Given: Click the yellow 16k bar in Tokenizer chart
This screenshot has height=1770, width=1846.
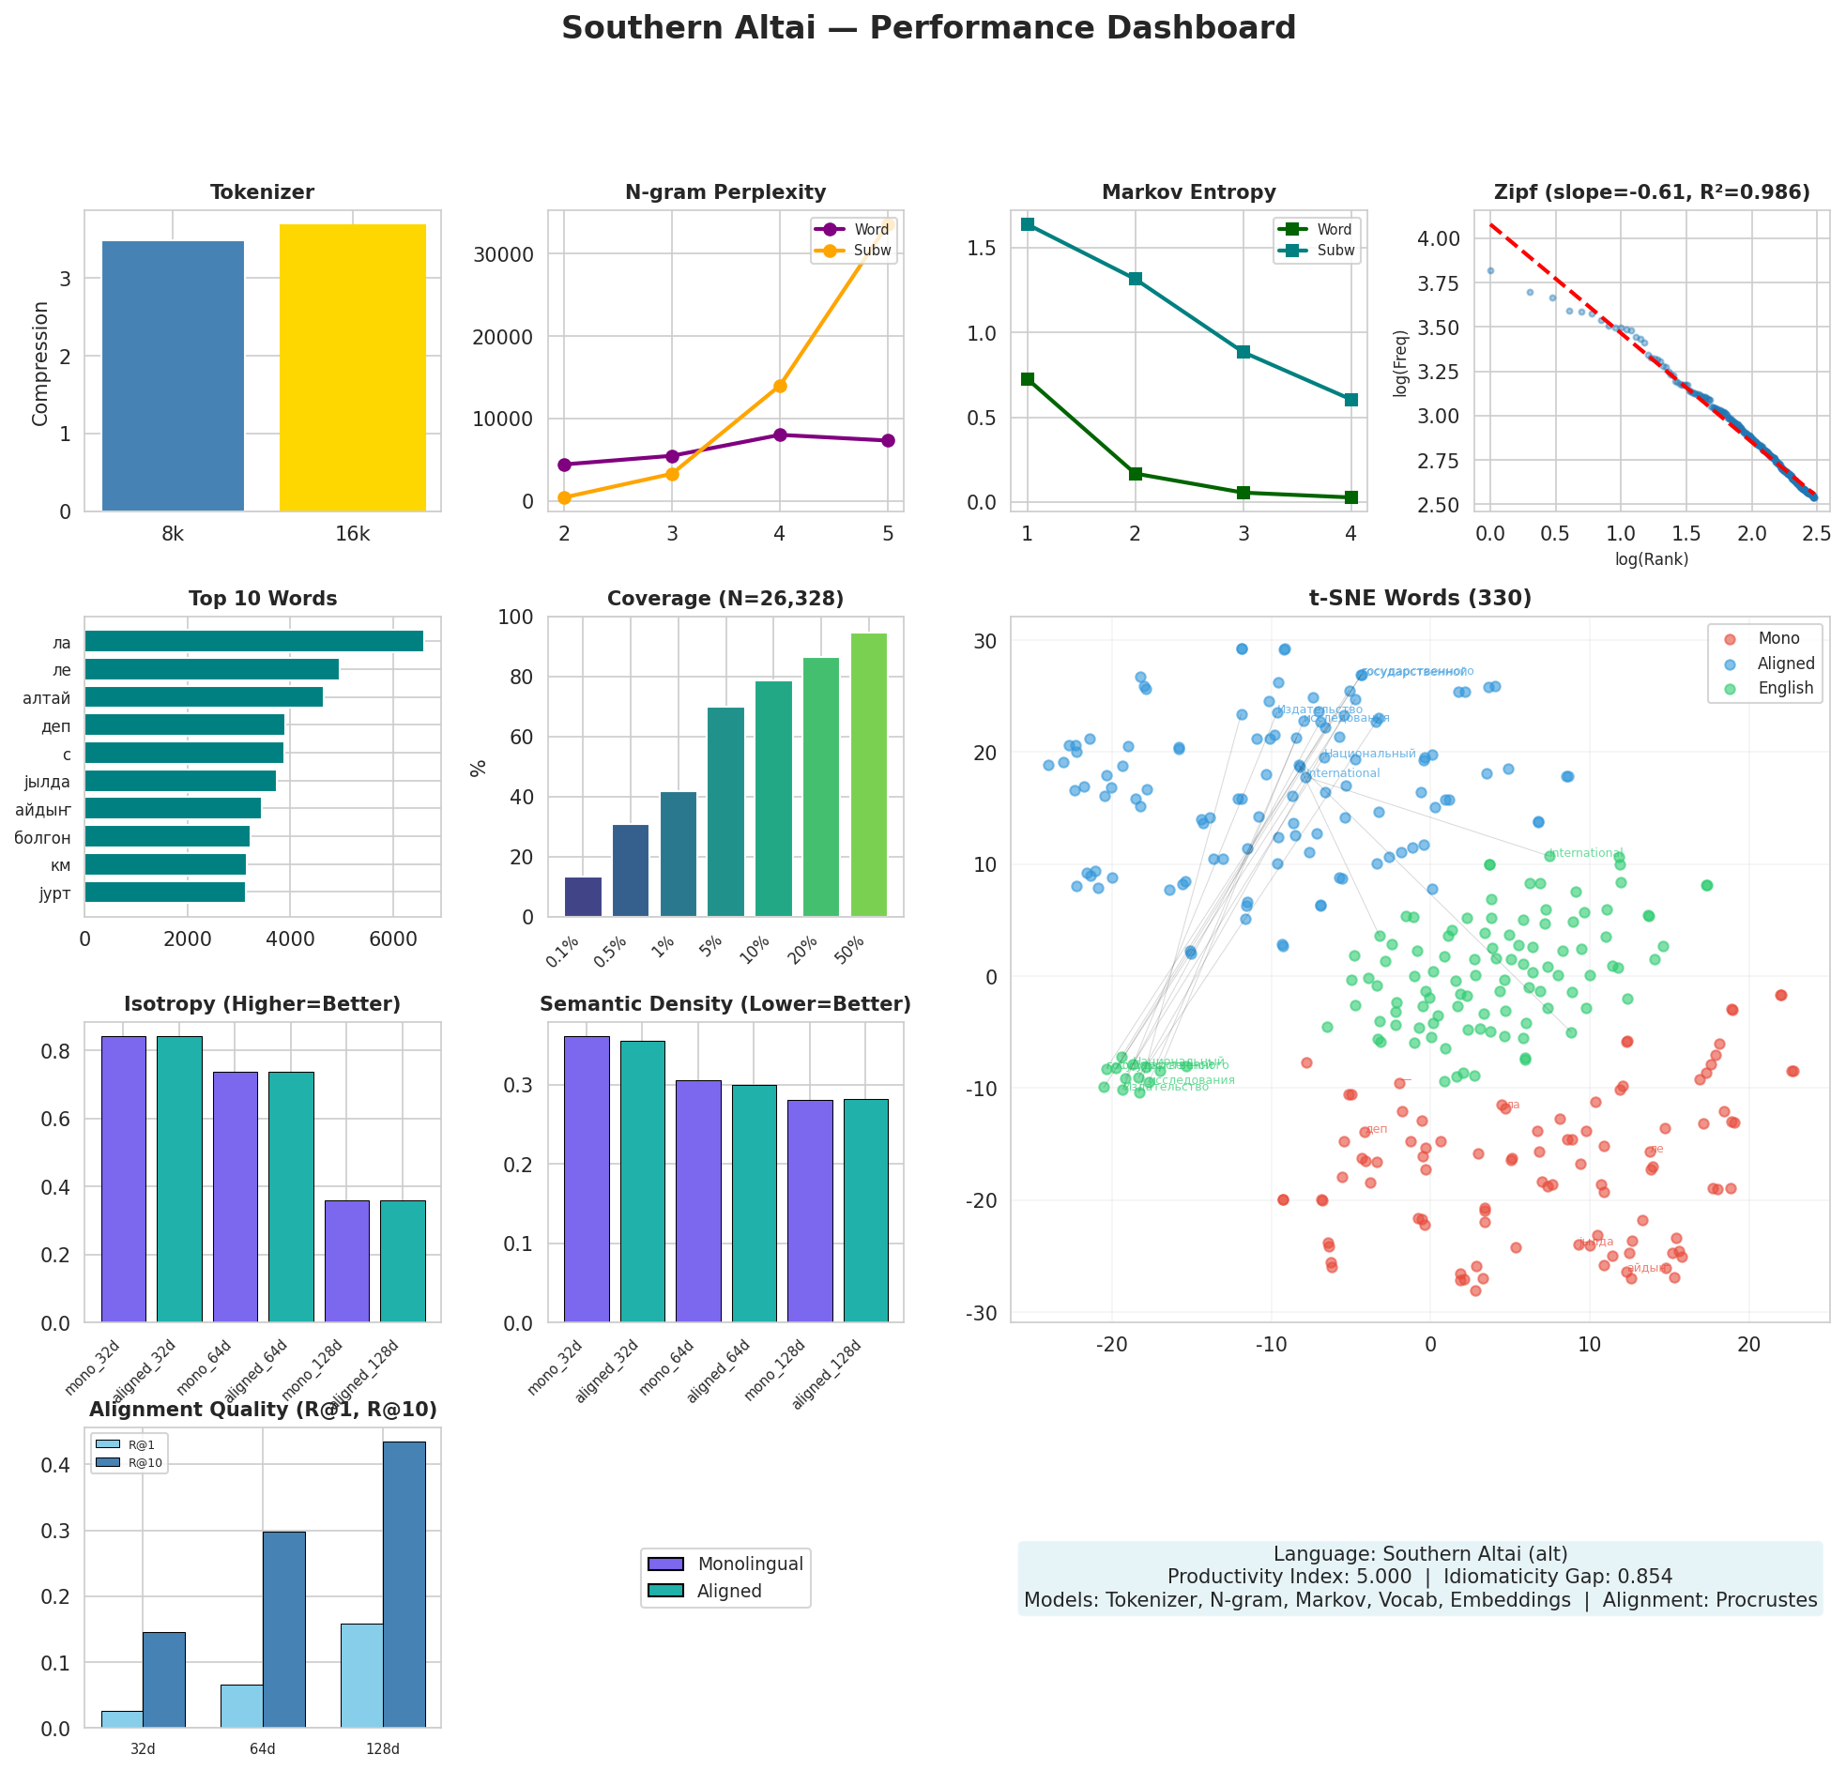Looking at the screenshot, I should [x=352, y=367].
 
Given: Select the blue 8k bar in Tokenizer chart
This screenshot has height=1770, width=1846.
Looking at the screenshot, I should [x=173, y=375].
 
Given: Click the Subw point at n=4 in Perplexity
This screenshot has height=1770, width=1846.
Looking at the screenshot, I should [x=779, y=386].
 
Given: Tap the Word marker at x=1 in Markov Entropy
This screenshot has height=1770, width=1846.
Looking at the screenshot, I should [x=1027, y=378].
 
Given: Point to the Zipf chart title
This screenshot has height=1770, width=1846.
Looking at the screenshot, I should [x=1651, y=192].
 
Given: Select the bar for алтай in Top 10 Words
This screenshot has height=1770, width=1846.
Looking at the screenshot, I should [x=204, y=697].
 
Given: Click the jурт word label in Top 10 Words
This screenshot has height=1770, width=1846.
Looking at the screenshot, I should [x=54, y=893].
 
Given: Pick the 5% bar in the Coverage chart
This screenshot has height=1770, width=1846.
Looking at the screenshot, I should [x=725, y=811].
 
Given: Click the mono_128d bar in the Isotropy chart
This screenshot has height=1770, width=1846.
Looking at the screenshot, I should [x=346, y=1261].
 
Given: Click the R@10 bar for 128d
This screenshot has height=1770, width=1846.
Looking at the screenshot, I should [x=404, y=1583].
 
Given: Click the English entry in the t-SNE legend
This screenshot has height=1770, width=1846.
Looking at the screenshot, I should [x=1784, y=688].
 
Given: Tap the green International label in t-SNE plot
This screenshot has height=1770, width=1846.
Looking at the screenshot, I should [x=1586, y=853].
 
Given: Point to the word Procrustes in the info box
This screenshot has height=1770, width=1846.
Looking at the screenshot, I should [x=1765, y=1599].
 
